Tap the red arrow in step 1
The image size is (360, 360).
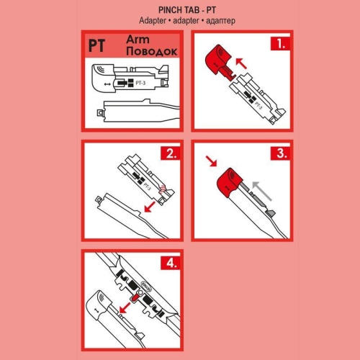pos(246,67)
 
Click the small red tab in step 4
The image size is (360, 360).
pos(134,297)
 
